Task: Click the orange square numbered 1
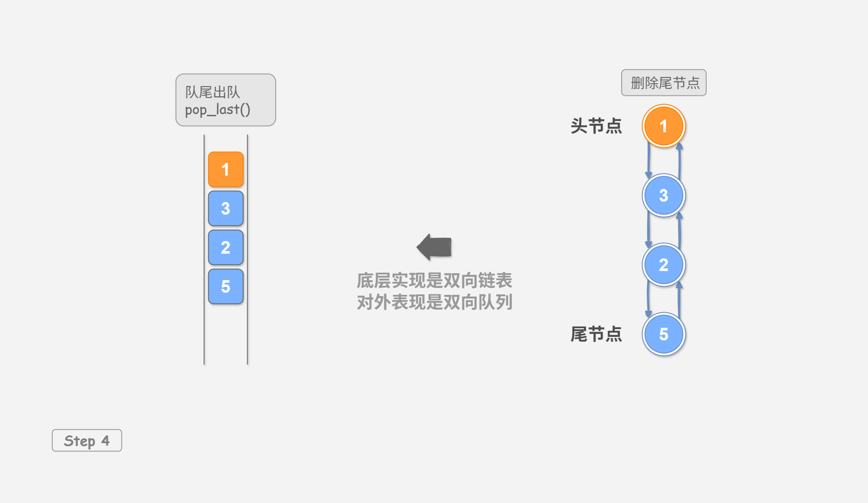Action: [226, 169]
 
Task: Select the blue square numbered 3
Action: [226, 208]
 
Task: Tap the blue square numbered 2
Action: [226, 247]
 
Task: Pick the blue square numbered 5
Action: [226, 286]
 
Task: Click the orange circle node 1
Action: [664, 126]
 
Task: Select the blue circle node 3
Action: [664, 196]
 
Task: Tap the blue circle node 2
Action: [664, 265]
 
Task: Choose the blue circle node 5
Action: [664, 334]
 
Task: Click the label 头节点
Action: [596, 126]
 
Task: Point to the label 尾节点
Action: [596, 334]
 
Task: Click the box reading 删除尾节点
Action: [664, 82]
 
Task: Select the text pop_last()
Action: [217, 109]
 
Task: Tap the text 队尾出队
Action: [212, 92]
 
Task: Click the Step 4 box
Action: [87, 441]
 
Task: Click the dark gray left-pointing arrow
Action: [434, 247]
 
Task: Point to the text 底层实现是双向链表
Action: [434, 281]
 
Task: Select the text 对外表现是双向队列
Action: [434, 302]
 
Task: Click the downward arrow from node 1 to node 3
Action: [649, 160]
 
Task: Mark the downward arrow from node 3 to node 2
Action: [649, 230]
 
